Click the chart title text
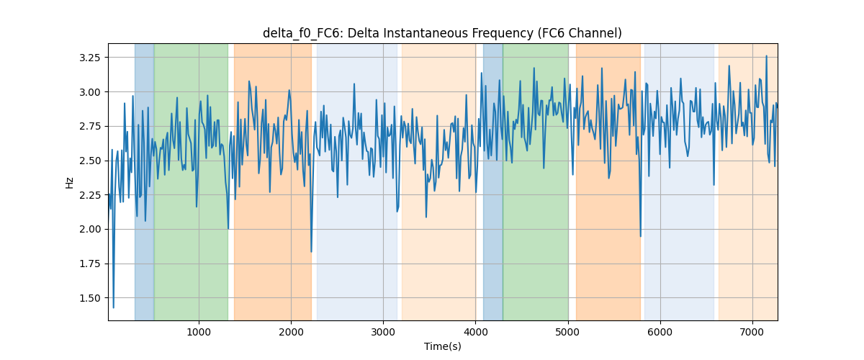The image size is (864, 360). (442, 33)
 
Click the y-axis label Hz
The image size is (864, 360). (69, 182)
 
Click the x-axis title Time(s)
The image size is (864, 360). (442, 346)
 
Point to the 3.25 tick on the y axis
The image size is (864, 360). (89, 58)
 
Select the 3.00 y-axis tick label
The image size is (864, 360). (89, 92)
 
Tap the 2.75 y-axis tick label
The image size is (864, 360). (89, 127)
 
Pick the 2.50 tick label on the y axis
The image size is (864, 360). (89, 161)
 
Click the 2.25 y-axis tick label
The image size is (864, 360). (89, 195)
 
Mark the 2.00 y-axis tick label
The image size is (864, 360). (89, 230)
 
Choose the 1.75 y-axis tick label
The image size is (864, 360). (89, 264)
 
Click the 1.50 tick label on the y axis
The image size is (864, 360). (89, 298)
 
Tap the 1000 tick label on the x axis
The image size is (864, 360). (199, 332)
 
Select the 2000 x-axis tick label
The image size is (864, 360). (291, 332)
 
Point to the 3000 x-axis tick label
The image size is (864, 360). (383, 332)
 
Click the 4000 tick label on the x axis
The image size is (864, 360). (475, 332)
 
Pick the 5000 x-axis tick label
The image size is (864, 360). (568, 332)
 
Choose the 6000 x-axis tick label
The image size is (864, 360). (660, 332)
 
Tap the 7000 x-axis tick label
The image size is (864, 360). (752, 332)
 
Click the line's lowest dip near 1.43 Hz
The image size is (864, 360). (114, 307)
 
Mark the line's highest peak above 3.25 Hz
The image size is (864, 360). (766, 56)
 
